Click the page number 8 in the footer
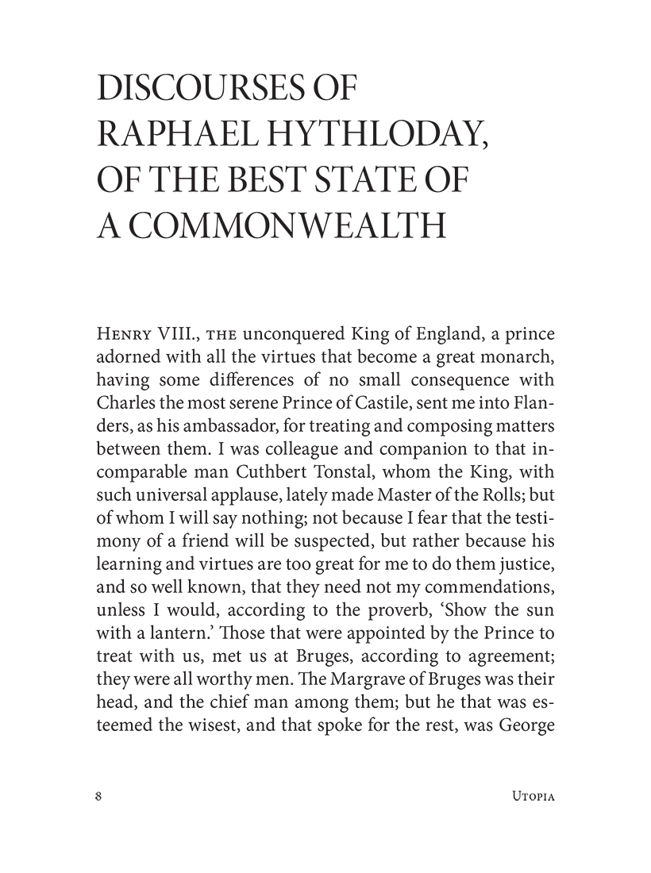(x=98, y=797)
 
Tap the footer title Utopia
(x=529, y=797)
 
